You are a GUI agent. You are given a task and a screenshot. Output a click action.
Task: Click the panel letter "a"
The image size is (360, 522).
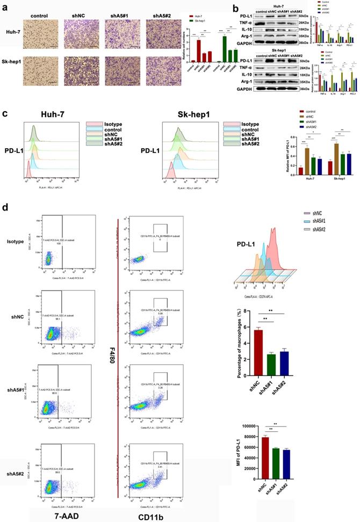[x=4, y=6]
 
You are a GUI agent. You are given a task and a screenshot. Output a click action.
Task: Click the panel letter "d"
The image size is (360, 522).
[x=5, y=206]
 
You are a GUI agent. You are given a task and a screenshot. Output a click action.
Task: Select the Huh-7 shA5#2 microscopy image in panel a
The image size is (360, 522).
[x=160, y=32]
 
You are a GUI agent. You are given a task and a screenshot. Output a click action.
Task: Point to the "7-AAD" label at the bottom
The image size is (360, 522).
[x=57, y=511]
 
